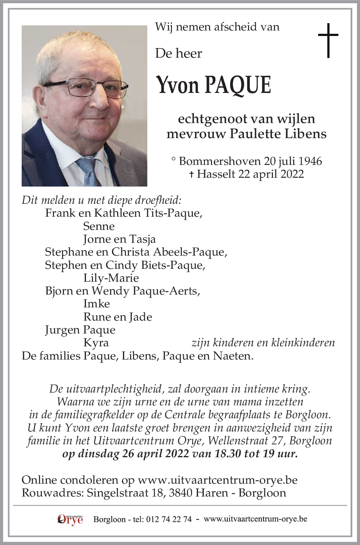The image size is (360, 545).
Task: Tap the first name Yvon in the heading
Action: [x=178, y=85]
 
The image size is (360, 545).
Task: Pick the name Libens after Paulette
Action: [x=306, y=133]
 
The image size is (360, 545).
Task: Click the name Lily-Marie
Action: [x=111, y=278]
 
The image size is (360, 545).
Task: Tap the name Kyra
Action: [x=96, y=343]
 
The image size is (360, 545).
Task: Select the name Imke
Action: [x=96, y=304]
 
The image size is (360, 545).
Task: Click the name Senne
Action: [x=99, y=226]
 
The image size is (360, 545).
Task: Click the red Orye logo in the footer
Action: [x=70, y=519]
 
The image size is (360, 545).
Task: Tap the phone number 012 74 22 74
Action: [x=169, y=519]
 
